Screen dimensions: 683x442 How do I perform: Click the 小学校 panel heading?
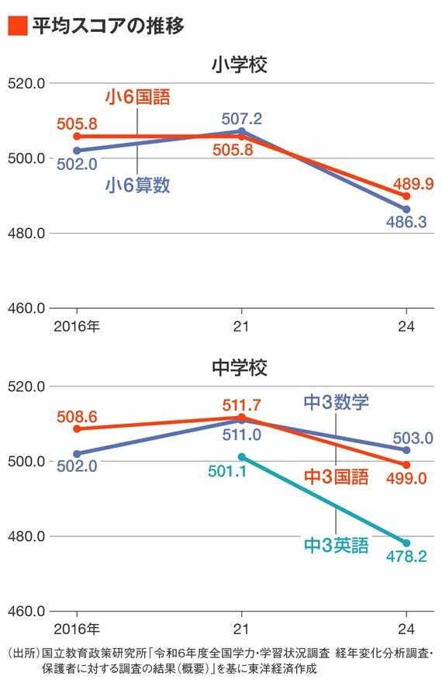[239, 65]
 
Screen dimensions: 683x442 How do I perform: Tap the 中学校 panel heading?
[239, 368]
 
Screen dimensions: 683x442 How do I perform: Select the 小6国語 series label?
[137, 98]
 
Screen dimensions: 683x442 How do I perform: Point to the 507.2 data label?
[241, 119]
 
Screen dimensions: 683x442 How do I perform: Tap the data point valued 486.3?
[406, 209]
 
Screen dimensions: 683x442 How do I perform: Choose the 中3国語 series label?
[335, 477]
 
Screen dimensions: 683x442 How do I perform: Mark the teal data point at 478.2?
[406, 543]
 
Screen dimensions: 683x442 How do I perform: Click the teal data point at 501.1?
[241, 456]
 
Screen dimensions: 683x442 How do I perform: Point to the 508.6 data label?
[77, 417]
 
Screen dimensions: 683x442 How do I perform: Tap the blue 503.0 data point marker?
[406, 449]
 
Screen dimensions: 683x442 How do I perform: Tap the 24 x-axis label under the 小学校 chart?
[406, 324]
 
